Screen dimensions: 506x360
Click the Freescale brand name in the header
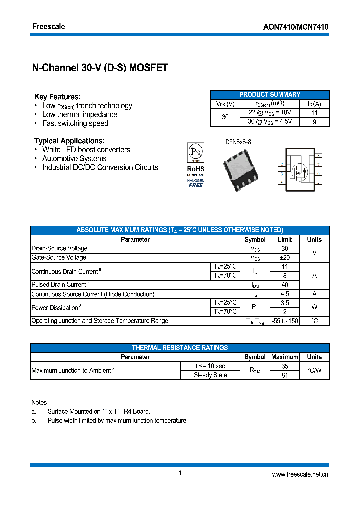(48, 26)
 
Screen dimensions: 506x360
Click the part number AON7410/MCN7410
(296, 27)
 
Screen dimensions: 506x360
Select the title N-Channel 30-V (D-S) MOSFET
(100, 68)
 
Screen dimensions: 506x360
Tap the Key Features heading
(57, 97)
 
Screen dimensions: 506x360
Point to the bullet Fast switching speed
(75, 123)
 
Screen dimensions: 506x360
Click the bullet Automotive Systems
(74, 159)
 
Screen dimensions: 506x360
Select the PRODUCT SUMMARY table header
(270, 95)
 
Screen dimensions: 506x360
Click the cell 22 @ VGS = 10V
(269, 113)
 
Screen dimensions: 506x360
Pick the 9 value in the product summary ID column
(314, 122)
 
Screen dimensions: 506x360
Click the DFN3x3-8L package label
(239, 142)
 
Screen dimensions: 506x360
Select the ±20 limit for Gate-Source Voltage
(285, 258)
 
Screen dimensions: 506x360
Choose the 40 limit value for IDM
(285, 285)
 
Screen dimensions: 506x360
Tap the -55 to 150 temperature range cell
(285, 321)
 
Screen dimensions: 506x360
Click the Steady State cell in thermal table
(210, 375)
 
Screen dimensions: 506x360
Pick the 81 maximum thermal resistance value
(285, 375)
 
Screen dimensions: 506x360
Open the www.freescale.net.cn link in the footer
(300, 475)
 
